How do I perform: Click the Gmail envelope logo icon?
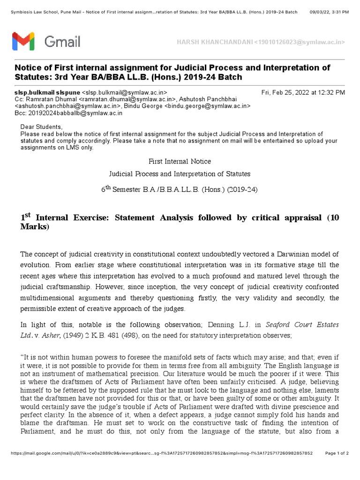tap(23, 41)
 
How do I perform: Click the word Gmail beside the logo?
tap(62, 42)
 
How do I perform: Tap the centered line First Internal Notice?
tap(180, 161)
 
